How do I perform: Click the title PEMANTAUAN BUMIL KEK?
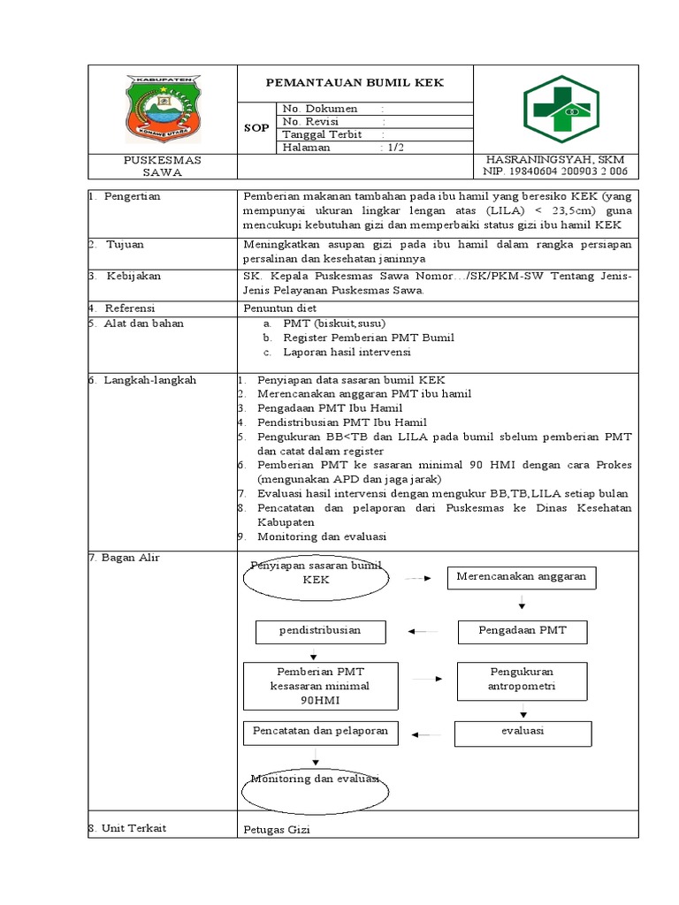pos(355,83)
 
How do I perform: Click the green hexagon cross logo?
pos(561,107)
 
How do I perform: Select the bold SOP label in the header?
pos(256,128)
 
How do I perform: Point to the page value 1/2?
pos(392,148)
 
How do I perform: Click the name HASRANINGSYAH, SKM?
pos(555,160)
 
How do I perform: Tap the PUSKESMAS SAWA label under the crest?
pos(161,166)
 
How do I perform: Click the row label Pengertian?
pos(133,196)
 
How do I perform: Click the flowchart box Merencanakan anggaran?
pos(521,577)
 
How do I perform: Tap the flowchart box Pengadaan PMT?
pos(522,631)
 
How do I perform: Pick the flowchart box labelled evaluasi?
pos(523,732)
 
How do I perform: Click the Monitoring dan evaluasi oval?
pos(315,781)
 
